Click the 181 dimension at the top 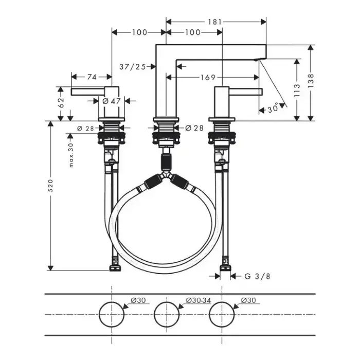click(215, 22)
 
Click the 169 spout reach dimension click(208, 78)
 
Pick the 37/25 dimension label click(132, 66)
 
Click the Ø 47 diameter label click(112, 101)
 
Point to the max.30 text click(71, 155)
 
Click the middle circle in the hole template click(166, 314)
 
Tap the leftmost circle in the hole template click(112, 314)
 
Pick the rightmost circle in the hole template click(222, 314)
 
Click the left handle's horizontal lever click(87, 91)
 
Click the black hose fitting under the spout click(166, 160)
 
